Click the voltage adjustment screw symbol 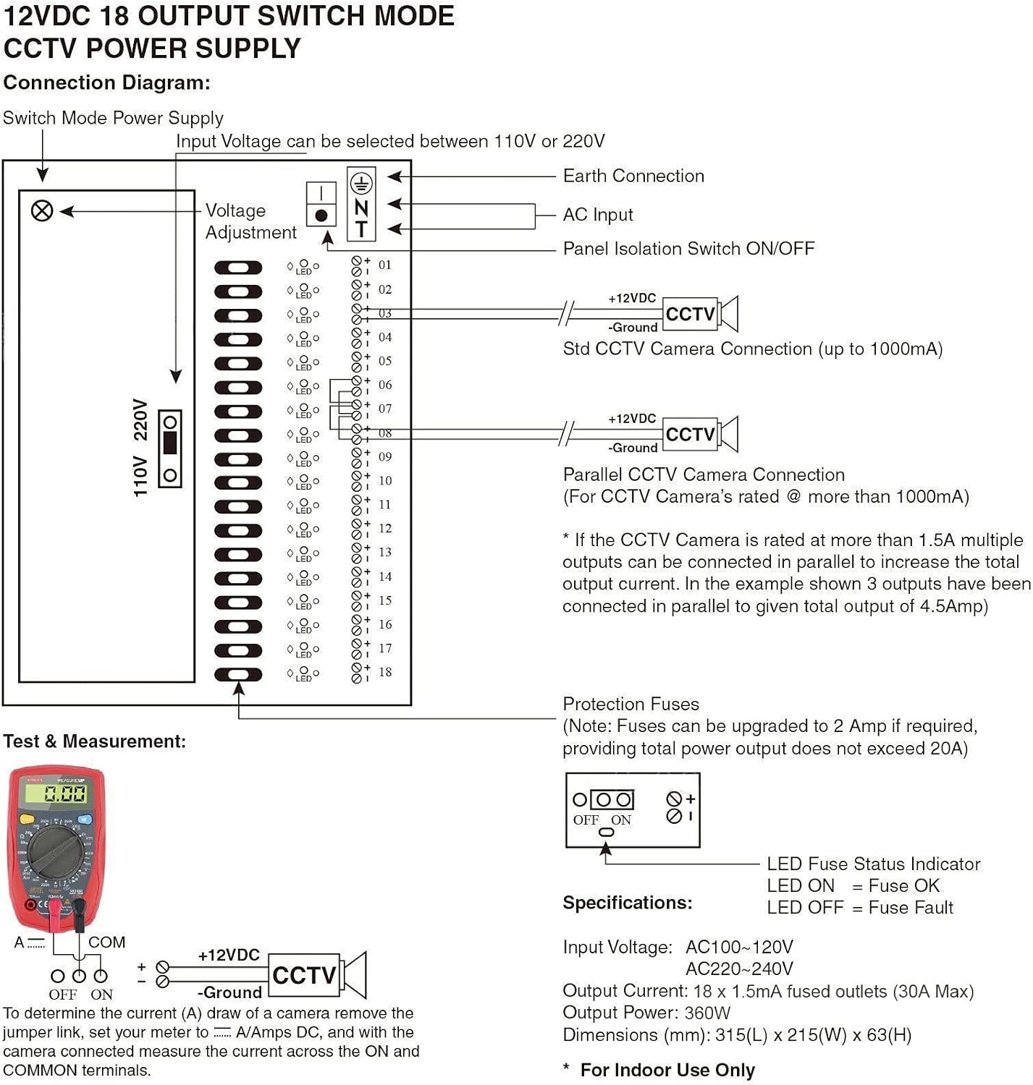click(42, 210)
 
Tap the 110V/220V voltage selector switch click(170, 448)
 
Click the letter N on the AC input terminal click(361, 208)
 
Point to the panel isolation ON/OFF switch click(321, 205)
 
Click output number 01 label click(384, 265)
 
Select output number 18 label click(385, 672)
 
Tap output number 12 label click(385, 529)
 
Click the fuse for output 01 click(238, 268)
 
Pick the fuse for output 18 click(238, 674)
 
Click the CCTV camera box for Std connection click(691, 314)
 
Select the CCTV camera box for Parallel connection click(691, 434)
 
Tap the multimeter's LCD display click(56, 794)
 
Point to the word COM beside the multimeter click(106, 943)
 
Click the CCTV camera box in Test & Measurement click(305, 975)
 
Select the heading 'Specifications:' click(627, 903)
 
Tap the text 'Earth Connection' click(633, 176)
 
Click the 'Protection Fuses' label click(631, 704)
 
